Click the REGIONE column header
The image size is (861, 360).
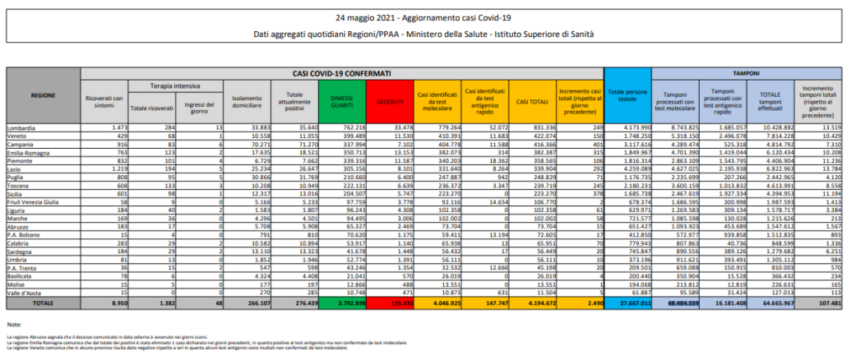pyautogui.click(x=43, y=97)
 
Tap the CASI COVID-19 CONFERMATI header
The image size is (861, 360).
pyautogui.click(x=342, y=73)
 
